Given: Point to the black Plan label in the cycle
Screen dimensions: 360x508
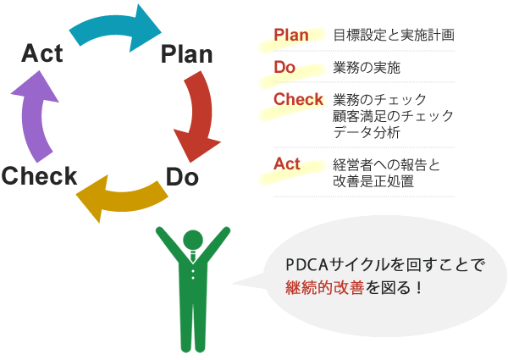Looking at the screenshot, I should tap(186, 56).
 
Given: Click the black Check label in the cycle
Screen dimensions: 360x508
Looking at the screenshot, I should tap(39, 176).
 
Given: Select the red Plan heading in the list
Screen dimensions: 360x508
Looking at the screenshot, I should tap(291, 35).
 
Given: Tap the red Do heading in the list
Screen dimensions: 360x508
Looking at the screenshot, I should tap(284, 66).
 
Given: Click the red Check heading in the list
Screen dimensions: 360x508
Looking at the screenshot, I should tap(298, 99).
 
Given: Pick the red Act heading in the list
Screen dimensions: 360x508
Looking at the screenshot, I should tap(287, 163).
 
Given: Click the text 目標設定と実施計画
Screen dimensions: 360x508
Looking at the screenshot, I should tap(394, 36).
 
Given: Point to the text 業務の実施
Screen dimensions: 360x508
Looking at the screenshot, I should tap(367, 67).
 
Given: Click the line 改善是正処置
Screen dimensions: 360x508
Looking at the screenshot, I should tap(373, 180).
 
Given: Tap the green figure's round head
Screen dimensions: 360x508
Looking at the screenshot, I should tap(193, 241).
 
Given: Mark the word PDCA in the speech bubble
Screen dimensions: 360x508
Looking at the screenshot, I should tap(312, 264).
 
